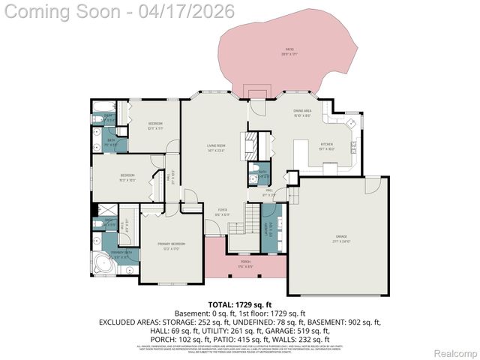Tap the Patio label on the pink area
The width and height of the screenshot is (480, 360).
coord(289,52)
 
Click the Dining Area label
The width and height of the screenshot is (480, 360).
coord(302,112)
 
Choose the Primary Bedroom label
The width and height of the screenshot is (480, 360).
coord(172,247)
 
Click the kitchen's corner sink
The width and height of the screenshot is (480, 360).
coord(349,121)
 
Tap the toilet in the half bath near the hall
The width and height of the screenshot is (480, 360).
coord(255,168)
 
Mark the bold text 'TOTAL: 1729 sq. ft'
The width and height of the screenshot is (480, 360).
coord(241,304)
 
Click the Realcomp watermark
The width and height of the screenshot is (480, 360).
coord(457,352)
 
